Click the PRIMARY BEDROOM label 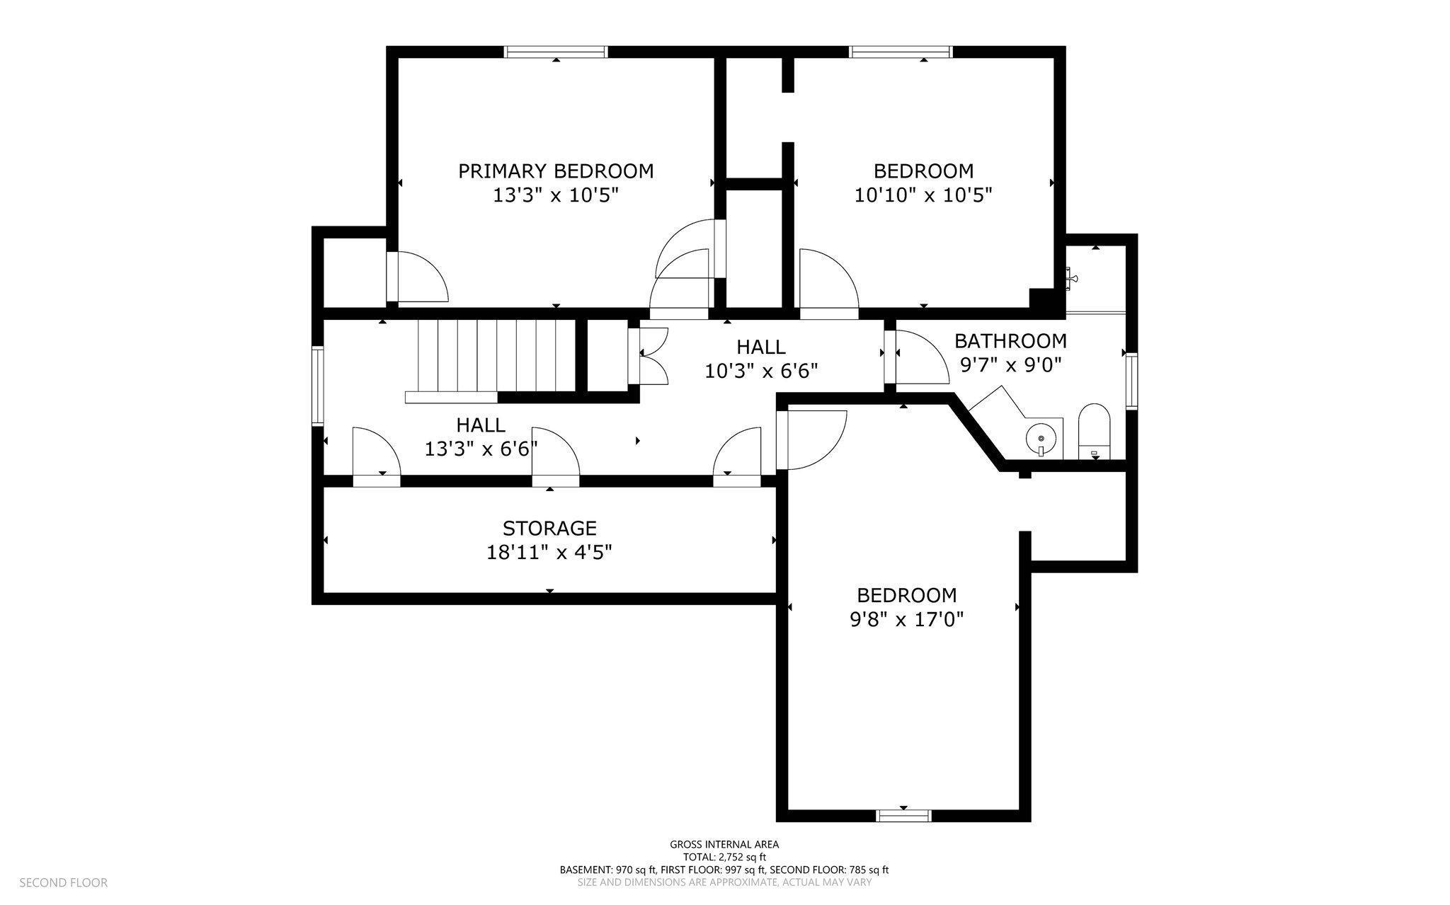tap(556, 171)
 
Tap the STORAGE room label tap(550, 529)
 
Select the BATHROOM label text tap(1010, 341)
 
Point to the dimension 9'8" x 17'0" tap(907, 620)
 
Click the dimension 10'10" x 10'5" tap(923, 195)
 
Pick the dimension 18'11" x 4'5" tap(549, 552)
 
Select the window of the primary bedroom tap(556, 52)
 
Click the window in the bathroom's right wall tap(1131, 381)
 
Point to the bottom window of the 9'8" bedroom tap(903, 816)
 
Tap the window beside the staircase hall tap(318, 386)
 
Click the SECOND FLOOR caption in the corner tap(63, 882)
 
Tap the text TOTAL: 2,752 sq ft tap(724, 857)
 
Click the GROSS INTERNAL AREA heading tap(724, 844)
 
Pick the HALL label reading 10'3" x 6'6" tap(761, 359)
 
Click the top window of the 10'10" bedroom tap(901, 52)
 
